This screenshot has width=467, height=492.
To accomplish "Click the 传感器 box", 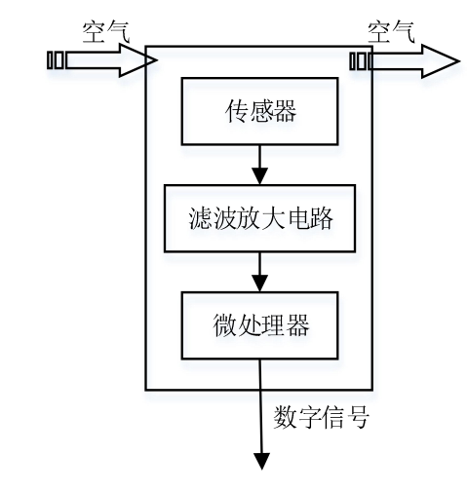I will click(x=259, y=110).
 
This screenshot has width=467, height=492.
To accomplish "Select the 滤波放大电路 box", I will click(x=259, y=219).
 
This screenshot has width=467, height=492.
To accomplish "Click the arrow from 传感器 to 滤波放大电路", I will click(x=259, y=164).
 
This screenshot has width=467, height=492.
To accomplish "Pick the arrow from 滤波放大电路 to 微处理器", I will click(x=259, y=271).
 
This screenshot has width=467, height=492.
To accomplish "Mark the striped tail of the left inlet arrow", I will click(x=58, y=61).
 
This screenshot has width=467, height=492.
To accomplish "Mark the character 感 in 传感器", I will click(x=259, y=110).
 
